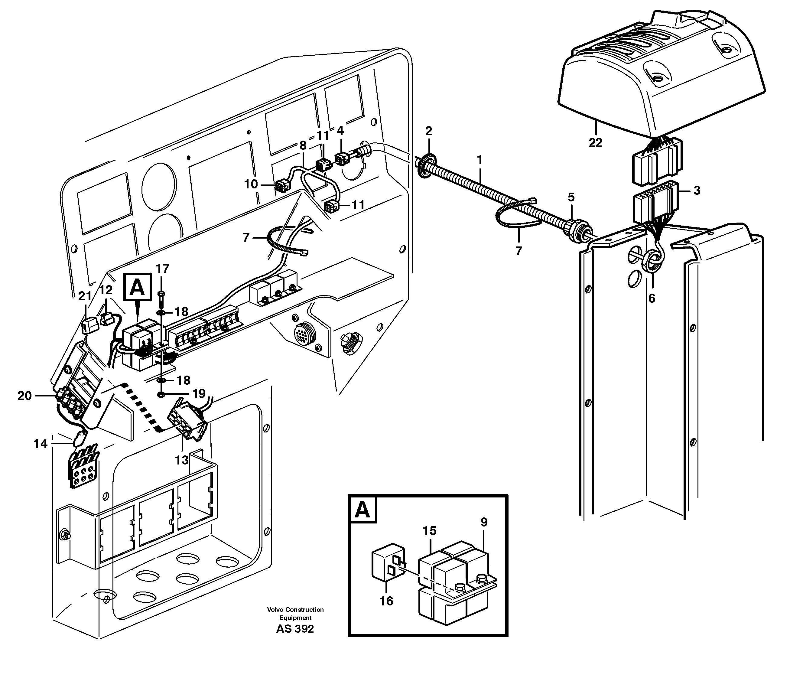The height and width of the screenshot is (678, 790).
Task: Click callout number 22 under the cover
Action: [x=595, y=143]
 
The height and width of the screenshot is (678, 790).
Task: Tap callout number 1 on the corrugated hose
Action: [x=480, y=159]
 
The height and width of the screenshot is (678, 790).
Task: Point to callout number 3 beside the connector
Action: [x=697, y=190]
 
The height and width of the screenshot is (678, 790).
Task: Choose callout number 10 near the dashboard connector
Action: [x=251, y=184]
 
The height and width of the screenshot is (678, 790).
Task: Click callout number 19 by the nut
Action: [x=199, y=393]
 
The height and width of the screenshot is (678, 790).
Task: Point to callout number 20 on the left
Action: [x=24, y=396]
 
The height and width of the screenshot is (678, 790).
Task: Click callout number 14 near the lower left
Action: [x=41, y=444]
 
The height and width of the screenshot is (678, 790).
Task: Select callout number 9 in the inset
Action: [x=484, y=522]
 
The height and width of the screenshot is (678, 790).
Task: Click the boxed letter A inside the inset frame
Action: [x=362, y=510]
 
